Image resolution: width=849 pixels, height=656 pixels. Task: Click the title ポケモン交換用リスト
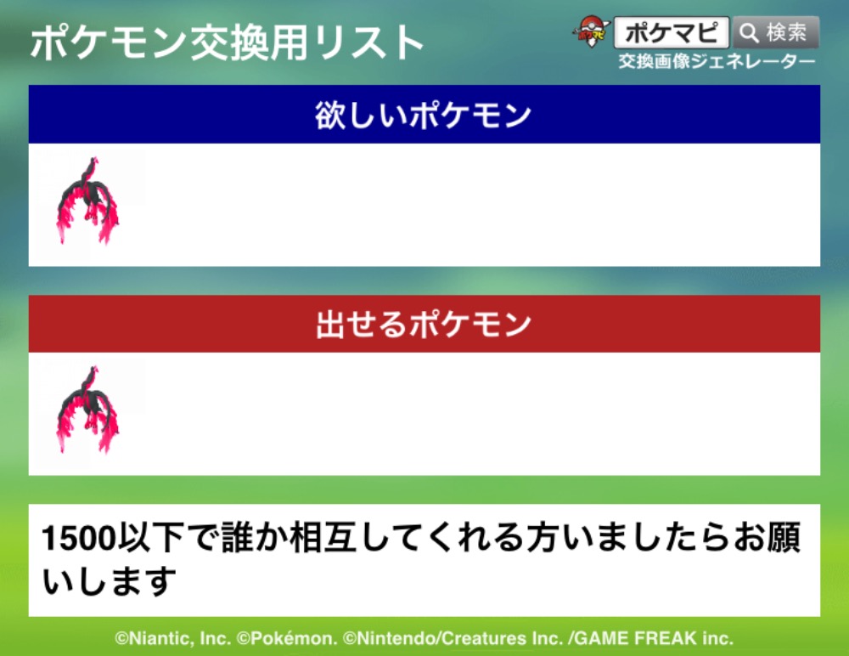point(227,42)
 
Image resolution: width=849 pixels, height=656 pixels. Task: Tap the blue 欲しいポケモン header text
point(424,115)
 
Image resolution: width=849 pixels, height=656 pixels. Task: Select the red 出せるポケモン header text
point(424,325)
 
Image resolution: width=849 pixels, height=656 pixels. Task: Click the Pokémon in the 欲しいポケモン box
point(87,201)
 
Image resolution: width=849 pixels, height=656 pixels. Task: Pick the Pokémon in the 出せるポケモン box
point(87,410)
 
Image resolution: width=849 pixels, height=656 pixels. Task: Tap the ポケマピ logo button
point(672,32)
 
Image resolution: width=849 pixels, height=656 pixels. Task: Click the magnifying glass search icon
point(749,32)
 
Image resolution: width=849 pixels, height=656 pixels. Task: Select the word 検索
point(786,32)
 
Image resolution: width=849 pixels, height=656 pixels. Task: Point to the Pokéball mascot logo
point(591,31)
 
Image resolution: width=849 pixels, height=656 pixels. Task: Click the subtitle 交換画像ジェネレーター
point(717,62)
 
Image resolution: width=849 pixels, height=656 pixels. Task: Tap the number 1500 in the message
point(79,539)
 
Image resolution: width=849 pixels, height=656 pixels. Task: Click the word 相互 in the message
point(323,537)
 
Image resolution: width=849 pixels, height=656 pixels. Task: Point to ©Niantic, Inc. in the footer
point(172,639)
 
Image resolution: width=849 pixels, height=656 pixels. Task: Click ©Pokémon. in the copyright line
point(287,639)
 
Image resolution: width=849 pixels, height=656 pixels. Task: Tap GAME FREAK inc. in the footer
point(654,639)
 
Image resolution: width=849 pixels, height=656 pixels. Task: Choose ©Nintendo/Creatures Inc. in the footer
point(453,639)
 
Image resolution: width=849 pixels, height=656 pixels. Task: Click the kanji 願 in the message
point(784,537)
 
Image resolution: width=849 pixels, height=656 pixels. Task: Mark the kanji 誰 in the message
point(239,537)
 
